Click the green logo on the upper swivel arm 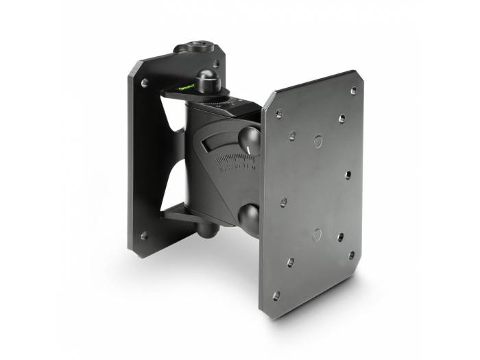(x=184, y=87)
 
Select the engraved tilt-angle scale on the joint (x=235, y=164)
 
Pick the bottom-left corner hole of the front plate (x=276, y=296)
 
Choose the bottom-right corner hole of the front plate (x=352, y=254)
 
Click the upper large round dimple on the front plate (x=317, y=141)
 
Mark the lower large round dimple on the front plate (x=316, y=234)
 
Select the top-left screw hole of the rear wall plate (x=145, y=82)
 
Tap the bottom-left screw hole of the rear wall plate (x=144, y=236)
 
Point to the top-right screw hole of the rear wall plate (x=216, y=64)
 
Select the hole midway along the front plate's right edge (x=348, y=175)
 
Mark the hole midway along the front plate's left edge (x=283, y=203)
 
